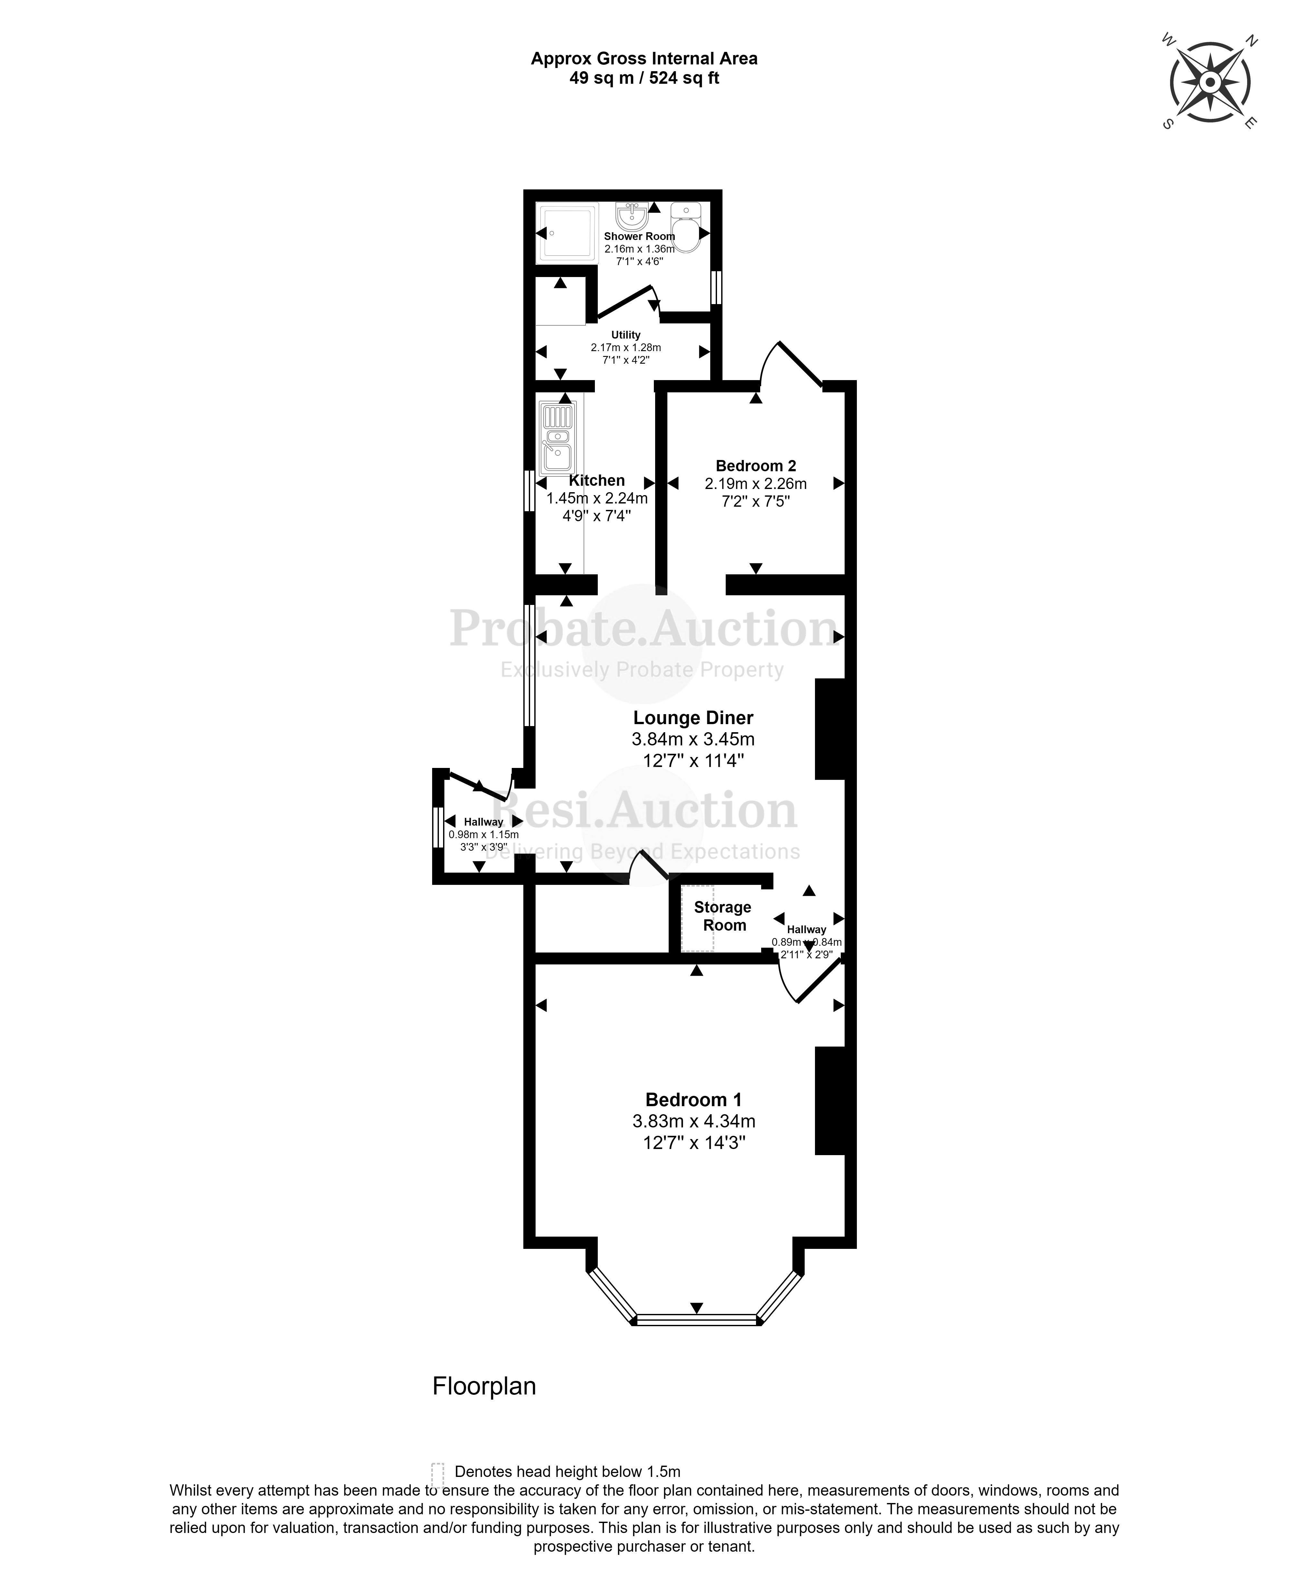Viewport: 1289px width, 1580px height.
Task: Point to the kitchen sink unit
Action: pyautogui.click(x=557, y=438)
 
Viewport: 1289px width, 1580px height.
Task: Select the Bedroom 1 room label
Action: pyautogui.click(x=693, y=1100)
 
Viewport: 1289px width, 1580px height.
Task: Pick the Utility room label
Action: pyautogui.click(x=625, y=335)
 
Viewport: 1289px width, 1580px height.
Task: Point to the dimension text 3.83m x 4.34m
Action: pyautogui.click(x=693, y=1121)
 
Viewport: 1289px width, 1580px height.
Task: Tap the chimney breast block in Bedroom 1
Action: pyautogui.click(x=830, y=1101)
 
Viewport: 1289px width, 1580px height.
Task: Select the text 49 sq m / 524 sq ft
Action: pyautogui.click(x=644, y=78)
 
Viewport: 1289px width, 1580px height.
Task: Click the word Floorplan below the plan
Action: pyautogui.click(x=484, y=1386)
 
